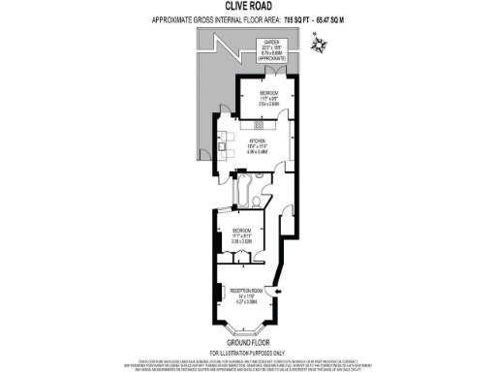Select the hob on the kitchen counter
point(259,125)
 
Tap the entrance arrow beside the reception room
point(280,289)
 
